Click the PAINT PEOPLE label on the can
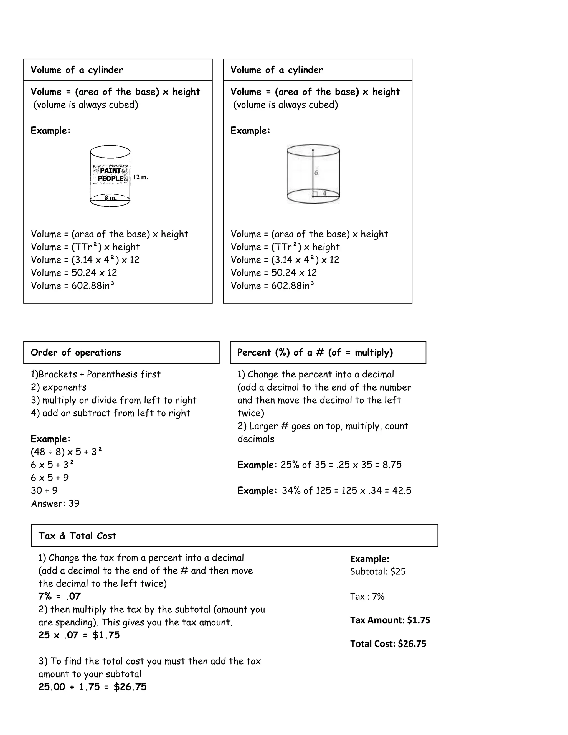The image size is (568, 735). [x=110, y=174]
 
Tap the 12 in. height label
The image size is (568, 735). [x=140, y=177]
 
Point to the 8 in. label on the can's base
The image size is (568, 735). [x=110, y=198]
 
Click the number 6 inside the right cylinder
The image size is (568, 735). [x=316, y=173]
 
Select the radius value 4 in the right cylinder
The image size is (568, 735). [x=324, y=194]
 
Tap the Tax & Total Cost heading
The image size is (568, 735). [x=77, y=536]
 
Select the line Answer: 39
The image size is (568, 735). [x=55, y=503]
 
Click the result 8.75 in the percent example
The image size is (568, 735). [x=392, y=465]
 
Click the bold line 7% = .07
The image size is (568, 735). [x=59, y=596]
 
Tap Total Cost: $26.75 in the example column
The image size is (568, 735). [x=388, y=644]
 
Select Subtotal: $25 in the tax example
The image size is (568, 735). [x=377, y=571]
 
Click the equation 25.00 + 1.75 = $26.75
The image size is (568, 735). [x=93, y=687]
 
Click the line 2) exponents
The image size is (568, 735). [x=59, y=387]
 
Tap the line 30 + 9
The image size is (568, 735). [x=44, y=491]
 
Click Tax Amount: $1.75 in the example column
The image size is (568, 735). [x=390, y=620]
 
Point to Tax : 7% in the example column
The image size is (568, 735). [x=367, y=597]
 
